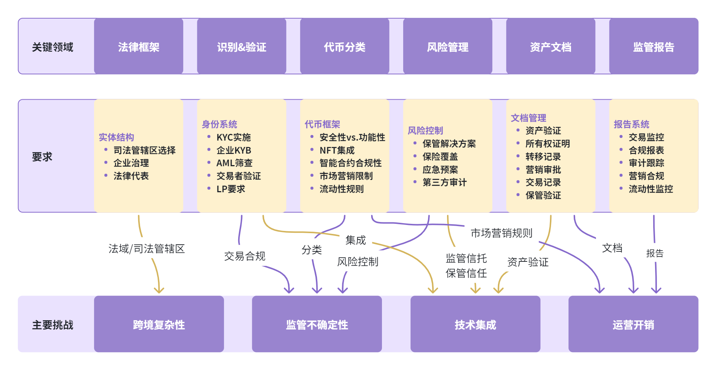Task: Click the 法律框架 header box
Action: click(138, 46)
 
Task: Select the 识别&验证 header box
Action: click(242, 46)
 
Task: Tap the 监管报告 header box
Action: click(653, 46)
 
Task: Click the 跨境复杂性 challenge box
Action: click(159, 324)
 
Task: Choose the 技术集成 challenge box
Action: click(475, 324)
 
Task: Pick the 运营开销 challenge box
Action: click(633, 324)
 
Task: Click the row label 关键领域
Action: click(52, 47)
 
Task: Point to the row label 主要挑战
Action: click(52, 325)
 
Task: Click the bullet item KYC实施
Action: click(233, 137)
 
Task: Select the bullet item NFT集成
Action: click(337, 150)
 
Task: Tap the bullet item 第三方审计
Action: click(444, 182)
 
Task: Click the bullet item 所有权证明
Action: click(547, 144)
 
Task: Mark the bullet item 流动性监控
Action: click(651, 189)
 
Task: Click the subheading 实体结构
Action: click(116, 137)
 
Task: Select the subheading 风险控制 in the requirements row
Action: click(425, 131)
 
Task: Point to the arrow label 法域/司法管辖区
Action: click(146, 249)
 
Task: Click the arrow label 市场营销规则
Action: click(501, 233)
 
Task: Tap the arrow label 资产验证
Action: click(528, 262)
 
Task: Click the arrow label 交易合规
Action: click(244, 256)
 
